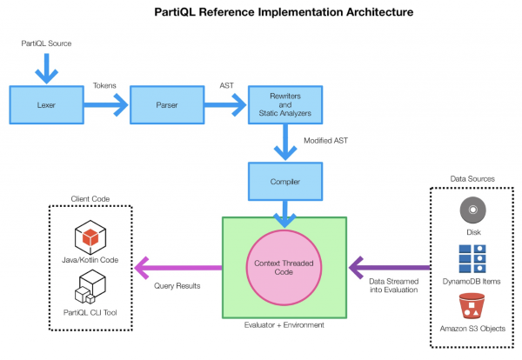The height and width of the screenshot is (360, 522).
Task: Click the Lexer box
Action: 47,105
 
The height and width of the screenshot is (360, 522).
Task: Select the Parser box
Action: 167,105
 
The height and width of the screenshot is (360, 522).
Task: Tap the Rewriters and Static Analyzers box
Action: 285,105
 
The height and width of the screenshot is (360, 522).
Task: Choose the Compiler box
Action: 285,182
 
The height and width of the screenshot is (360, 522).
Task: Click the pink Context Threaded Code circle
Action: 284,268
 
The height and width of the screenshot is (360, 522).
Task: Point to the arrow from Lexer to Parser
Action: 106,105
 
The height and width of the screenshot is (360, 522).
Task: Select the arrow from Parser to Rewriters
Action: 225,105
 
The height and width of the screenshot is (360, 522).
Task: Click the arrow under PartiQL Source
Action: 47,69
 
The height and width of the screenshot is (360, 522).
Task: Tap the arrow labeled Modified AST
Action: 285,142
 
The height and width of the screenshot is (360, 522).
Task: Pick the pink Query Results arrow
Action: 178,268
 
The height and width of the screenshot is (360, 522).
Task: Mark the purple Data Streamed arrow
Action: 390,268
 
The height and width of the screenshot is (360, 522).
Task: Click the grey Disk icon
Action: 472,210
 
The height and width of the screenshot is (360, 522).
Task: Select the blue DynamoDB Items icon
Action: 472,259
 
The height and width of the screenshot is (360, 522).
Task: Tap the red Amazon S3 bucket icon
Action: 472,306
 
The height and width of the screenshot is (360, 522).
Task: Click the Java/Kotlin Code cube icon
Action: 90,237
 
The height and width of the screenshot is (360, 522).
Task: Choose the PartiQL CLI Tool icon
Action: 90,286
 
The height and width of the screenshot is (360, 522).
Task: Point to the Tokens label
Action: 104,85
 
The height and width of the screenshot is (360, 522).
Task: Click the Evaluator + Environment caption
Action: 284,324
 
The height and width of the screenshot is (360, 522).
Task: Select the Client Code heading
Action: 90,198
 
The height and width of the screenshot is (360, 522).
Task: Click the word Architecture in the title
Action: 380,12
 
